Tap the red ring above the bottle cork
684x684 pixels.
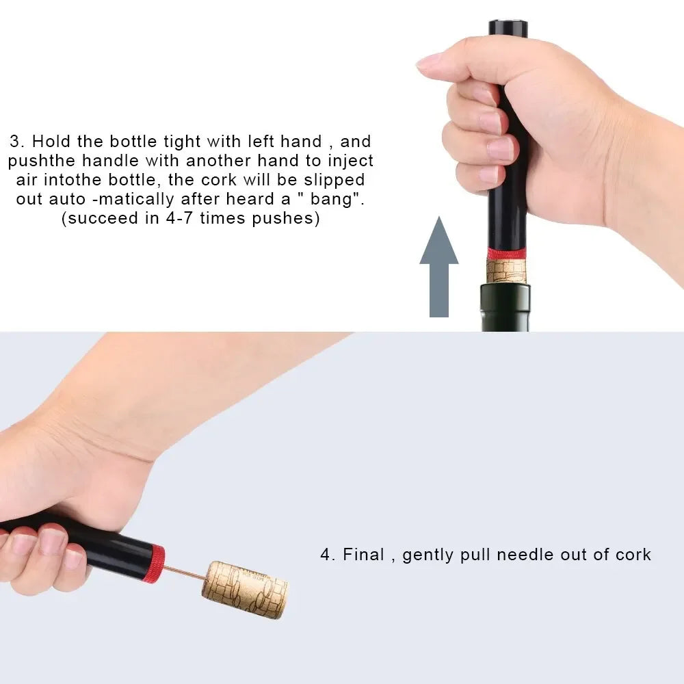coord(507,254)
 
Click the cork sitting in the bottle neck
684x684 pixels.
coord(506,271)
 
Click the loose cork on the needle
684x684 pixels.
coord(245,589)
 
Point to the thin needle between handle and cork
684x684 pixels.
coord(185,572)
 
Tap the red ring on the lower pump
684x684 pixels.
coord(156,564)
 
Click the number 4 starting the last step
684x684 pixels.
coord(326,554)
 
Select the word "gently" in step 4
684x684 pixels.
coord(428,555)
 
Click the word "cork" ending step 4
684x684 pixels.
coord(630,554)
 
